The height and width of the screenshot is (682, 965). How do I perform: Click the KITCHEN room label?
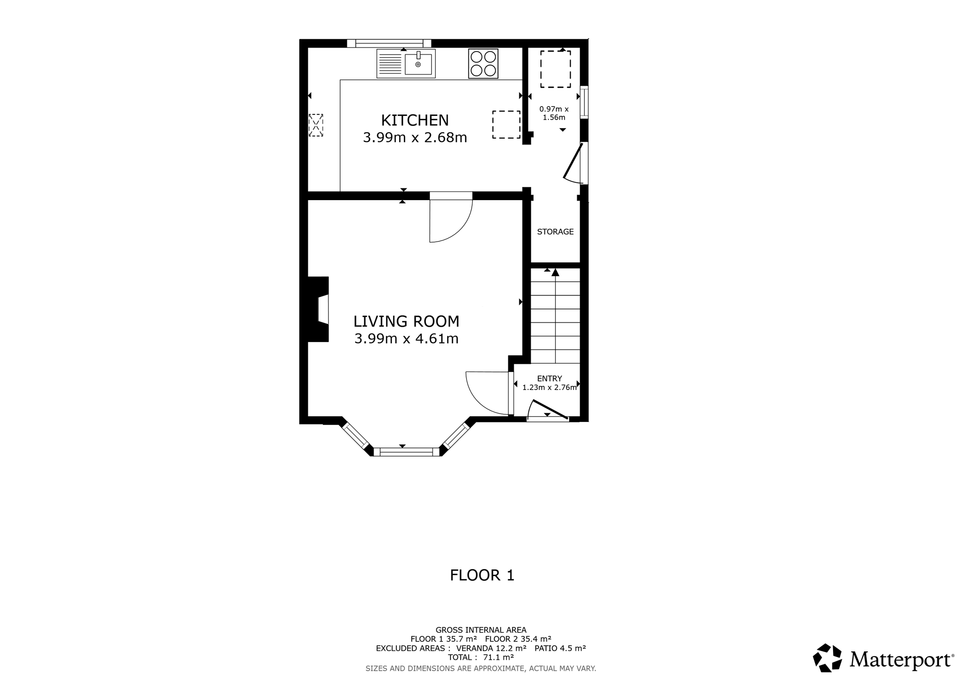415,120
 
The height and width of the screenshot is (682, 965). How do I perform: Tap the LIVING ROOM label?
406,321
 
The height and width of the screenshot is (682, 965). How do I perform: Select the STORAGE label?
555,232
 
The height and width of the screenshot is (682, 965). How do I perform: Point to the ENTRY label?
549,379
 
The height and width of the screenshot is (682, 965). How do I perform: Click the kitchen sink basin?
418,64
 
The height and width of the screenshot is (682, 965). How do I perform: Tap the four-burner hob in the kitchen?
483,64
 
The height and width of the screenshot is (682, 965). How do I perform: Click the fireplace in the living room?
318,309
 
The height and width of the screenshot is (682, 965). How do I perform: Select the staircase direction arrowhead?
556,272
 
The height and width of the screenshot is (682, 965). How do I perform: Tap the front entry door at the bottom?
548,409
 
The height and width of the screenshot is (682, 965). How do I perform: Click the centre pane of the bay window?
406,452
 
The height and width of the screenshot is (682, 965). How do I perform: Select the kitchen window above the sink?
389,43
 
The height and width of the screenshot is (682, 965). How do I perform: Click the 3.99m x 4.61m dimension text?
406,339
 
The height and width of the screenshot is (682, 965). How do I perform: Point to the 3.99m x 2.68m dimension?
415,138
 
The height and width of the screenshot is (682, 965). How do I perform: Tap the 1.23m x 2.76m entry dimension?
549,388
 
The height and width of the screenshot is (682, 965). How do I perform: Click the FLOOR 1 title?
482,575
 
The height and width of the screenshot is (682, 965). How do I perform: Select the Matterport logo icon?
827,658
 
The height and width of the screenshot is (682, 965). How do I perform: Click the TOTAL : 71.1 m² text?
481,658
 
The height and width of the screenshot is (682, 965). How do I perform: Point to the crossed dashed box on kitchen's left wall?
316,125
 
